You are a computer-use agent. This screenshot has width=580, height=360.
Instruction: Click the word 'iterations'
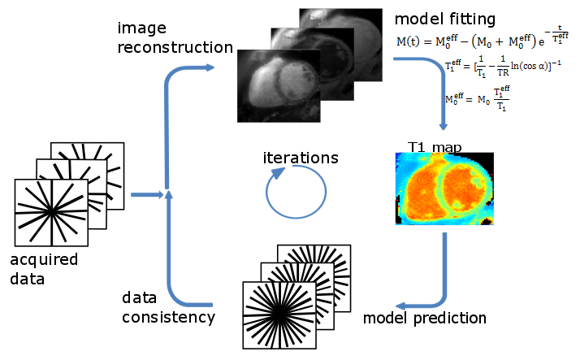tap(300, 158)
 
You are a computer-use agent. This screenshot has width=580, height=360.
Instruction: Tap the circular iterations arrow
tap(296, 194)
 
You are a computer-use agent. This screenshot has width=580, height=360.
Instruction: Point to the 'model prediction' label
tap(425, 317)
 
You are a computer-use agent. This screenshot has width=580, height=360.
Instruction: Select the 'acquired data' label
tap(44, 269)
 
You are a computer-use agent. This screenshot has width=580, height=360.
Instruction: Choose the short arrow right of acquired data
tap(145, 194)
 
